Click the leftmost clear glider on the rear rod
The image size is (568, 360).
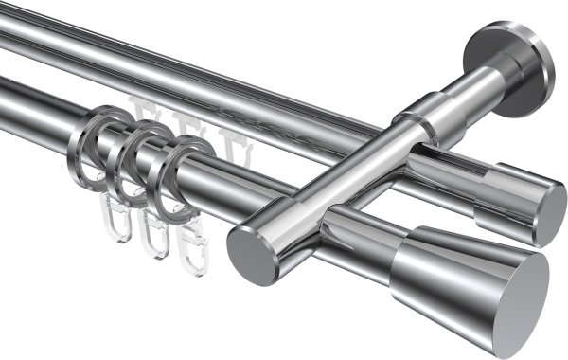147,118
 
